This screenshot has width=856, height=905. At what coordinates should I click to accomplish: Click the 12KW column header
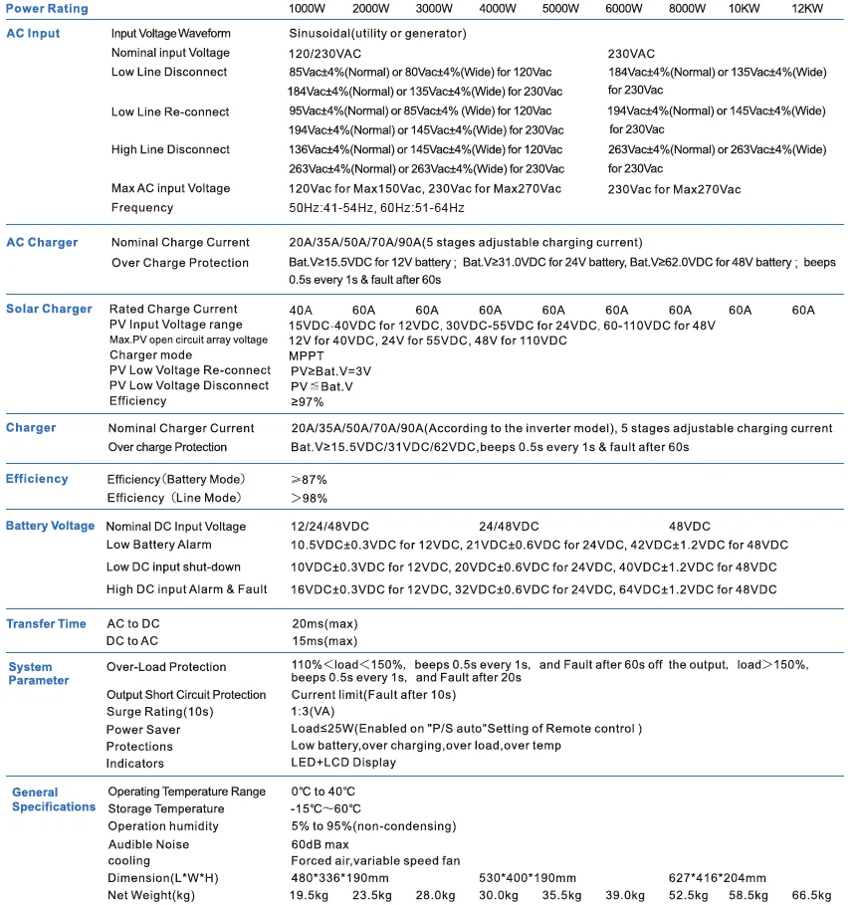(x=807, y=8)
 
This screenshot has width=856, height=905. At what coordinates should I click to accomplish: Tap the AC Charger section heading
(x=42, y=242)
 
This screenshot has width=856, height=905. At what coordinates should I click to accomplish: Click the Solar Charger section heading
(x=49, y=309)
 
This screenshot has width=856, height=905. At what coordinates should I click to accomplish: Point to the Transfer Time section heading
(x=47, y=623)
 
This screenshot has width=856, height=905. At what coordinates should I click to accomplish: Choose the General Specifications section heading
(x=54, y=799)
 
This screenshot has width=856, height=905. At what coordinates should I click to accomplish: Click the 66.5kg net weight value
(x=811, y=895)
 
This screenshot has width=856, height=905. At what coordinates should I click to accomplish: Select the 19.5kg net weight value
(x=310, y=895)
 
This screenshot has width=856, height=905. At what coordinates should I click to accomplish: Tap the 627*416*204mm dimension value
(x=718, y=877)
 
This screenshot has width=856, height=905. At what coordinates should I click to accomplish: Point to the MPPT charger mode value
(x=307, y=355)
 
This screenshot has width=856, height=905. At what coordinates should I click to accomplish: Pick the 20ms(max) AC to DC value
(x=323, y=623)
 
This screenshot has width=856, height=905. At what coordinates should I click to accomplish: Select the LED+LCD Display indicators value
(x=343, y=763)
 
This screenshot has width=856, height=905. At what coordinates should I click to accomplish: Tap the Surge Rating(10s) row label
(x=160, y=712)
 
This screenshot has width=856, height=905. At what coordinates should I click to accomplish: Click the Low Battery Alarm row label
(x=159, y=545)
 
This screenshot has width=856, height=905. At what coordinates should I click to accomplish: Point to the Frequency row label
(x=142, y=207)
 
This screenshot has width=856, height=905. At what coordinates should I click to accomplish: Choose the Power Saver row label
(x=144, y=729)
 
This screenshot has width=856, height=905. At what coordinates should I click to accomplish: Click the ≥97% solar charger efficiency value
(x=307, y=401)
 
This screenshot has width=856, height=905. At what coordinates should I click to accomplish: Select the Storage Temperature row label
(x=166, y=808)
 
